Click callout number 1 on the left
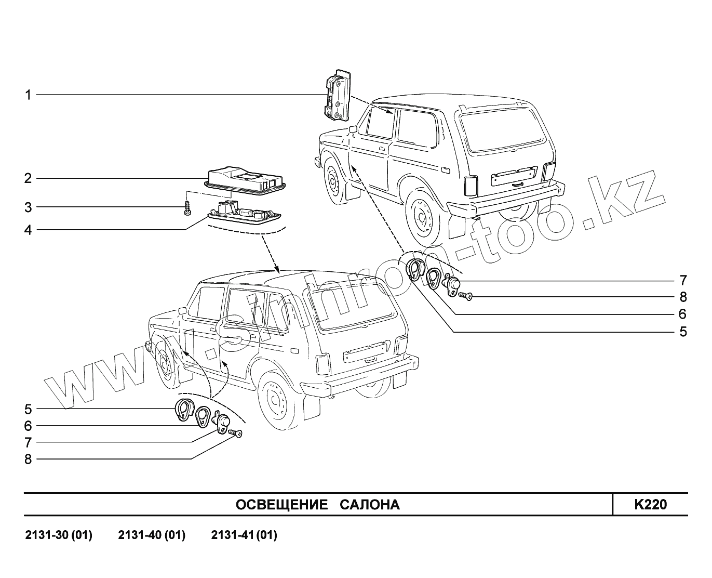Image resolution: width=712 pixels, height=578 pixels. (28, 95)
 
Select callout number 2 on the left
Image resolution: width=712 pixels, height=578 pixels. (28, 179)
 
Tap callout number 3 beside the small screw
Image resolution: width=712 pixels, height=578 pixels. (28, 208)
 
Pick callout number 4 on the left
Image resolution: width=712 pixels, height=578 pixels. (28, 230)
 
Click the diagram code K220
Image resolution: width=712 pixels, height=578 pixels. (650, 505)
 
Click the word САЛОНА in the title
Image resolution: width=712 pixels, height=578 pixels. (370, 505)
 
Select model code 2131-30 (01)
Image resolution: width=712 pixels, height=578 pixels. (59, 535)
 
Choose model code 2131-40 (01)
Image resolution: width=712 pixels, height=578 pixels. (152, 535)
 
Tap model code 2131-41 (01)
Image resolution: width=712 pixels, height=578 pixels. (244, 535)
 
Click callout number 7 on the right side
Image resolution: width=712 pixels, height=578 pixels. (683, 281)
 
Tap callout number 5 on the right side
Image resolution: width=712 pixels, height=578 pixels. (683, 332)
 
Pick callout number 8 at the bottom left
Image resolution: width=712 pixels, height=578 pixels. (28, 459)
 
